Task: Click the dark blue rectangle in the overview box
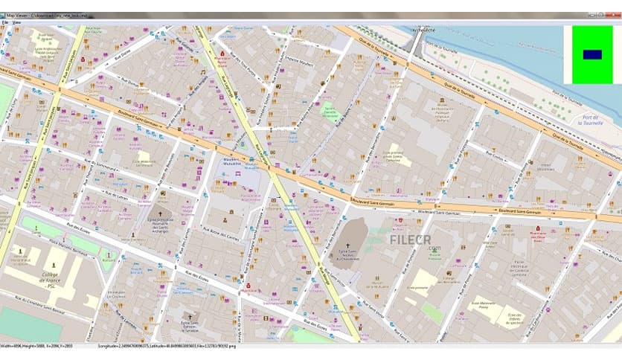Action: (592, 54)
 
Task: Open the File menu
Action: (4, 22)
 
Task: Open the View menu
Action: (16, 22)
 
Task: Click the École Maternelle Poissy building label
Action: (484, 303)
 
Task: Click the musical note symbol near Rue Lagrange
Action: (202, 72)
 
